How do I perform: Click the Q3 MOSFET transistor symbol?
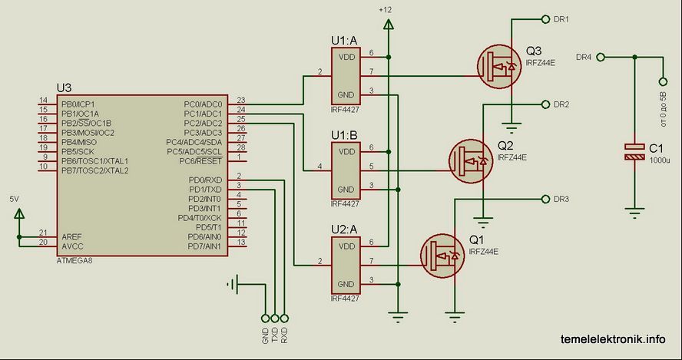tap(499, 68)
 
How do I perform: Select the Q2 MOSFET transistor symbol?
tap(471, 161)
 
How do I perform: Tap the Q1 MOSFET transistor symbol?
tap(443, 256)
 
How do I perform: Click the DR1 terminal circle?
tap(545, 18)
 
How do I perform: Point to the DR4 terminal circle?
tap(601, 57)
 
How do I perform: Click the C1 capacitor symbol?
tap(634, 152)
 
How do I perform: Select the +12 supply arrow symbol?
tap(388, 24)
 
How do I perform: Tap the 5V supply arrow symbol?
tap(19, 213)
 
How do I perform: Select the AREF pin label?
tap(71, 237)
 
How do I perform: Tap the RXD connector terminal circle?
tap(284, 319)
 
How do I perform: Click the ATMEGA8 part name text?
tap(74, 261)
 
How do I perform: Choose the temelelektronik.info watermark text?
tap(613, 339)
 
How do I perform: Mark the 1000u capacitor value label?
tap(660, 160)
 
